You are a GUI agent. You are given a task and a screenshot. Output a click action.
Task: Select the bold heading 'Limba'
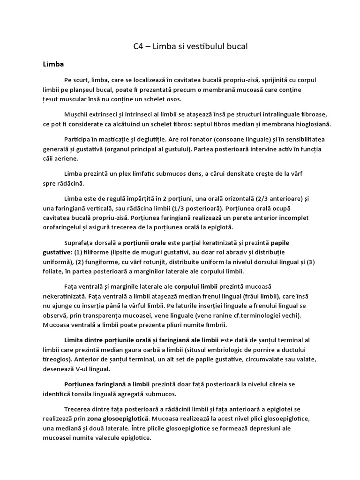[x=53, y=64]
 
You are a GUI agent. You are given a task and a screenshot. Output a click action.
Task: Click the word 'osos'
[x=173, y=99]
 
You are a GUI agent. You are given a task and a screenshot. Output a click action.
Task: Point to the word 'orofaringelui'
[x=64, y=227]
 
